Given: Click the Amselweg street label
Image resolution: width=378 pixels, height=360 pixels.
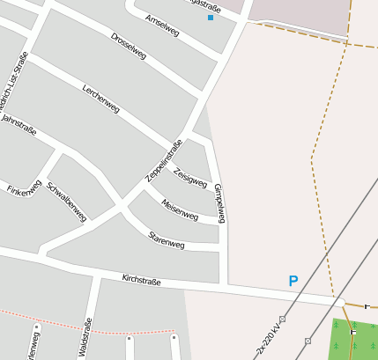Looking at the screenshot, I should pyautogui.click(x=162, y=26).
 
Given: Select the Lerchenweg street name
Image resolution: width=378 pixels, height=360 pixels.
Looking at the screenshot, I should pyautogui.click(x=100, y=98).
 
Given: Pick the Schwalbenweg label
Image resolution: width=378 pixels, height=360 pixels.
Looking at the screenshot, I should pyautogui.click(x=66, y=201).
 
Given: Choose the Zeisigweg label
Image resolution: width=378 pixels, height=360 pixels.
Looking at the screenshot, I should pyautogui.click(x=190, y=178).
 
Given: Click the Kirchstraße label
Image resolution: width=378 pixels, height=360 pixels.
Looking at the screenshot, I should pyautogui.click(x=141, y=281).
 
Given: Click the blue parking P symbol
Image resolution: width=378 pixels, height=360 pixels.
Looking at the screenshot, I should pyautogui.click(x=293, y=282).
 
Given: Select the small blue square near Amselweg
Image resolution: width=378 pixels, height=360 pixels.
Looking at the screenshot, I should pyautogui.click(x=211, y=18).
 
